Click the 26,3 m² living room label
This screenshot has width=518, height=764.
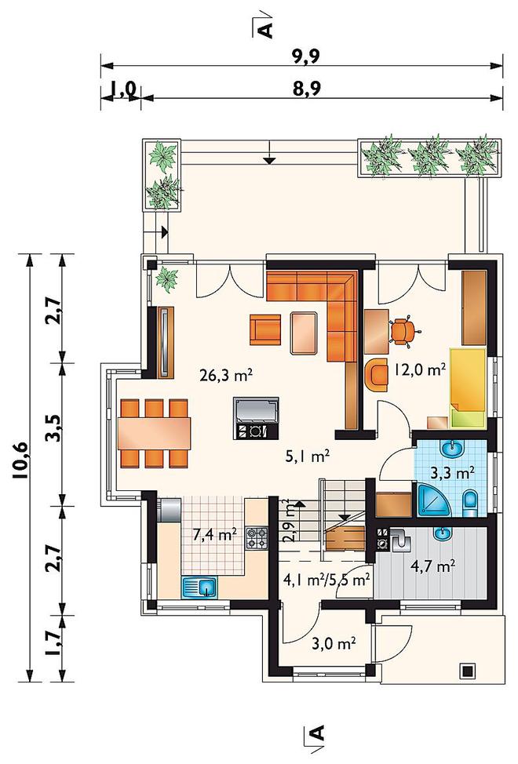(225, 375)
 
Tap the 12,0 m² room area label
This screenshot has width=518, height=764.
(421, 370)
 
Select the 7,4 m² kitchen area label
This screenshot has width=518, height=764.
(215, 535)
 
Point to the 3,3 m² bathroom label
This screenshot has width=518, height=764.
(453, 472)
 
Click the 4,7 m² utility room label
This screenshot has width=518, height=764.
(433, 566)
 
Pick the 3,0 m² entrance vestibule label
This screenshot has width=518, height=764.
(334, 644)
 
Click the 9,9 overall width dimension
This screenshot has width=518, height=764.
(306, 56)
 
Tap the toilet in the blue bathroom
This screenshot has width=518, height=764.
(470, 502)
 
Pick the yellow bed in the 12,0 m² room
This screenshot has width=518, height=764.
(468, 387)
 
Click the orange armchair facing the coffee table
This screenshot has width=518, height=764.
(265, 329)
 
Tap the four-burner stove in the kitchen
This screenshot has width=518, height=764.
(257, 539)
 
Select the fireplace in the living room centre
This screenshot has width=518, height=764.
(257, 417)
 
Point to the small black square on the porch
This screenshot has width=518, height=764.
(468, 671)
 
